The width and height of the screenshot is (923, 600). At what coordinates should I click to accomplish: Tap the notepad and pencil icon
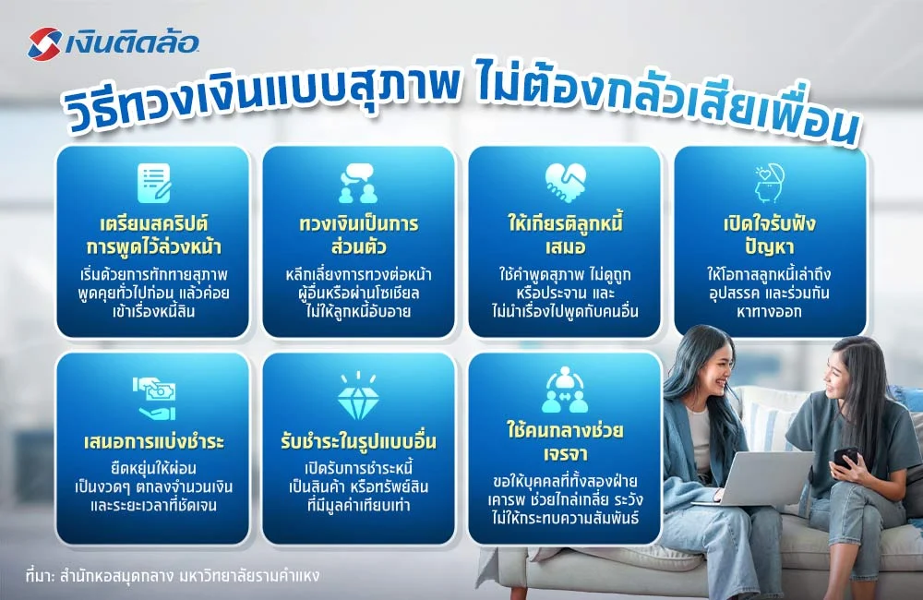pyautogui.click(x=152, y=182)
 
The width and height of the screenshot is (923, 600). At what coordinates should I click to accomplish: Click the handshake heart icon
pyautogui.click(x=565, y=182)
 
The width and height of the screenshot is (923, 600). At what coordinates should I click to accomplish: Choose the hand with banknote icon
pyautogui.click(x=152, y=394)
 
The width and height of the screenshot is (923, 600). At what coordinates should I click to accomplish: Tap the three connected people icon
pyautogui.click(x=565, y=391)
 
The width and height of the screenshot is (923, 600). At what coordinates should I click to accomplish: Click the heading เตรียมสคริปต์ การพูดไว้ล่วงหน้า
pyautogui.click(x=152, y=234)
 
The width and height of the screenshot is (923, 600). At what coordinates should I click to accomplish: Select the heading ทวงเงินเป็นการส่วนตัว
pyautogui.click(x=358, y=234)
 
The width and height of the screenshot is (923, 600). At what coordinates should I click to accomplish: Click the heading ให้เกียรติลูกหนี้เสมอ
pyautogui.click(x=565, y=234)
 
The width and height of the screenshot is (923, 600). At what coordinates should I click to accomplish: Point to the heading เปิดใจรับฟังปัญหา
pyautogui.click(x=771, y=234)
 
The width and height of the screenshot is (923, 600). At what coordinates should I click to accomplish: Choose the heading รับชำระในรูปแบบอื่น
pyautogui.click(x=358, y=438)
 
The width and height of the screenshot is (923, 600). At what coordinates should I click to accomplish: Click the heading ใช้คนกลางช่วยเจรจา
pyautogui.click(x=565, y=444)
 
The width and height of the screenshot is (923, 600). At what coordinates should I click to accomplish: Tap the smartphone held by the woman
pyautogui.click(x=845, y=456)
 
